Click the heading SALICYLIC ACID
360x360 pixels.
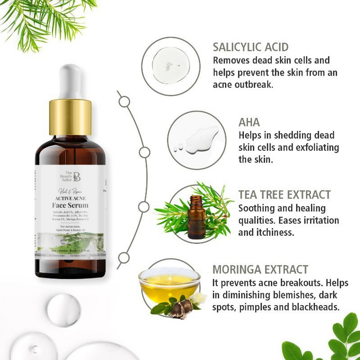(251, 47)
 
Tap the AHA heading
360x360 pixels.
(249, 122)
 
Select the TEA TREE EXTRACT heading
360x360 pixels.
(284, 195)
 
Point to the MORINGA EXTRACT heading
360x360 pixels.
(261, 270)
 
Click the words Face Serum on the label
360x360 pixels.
(70, 205)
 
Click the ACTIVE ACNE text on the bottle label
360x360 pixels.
(70, 196)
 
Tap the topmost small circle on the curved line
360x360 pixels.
(124, 102)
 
